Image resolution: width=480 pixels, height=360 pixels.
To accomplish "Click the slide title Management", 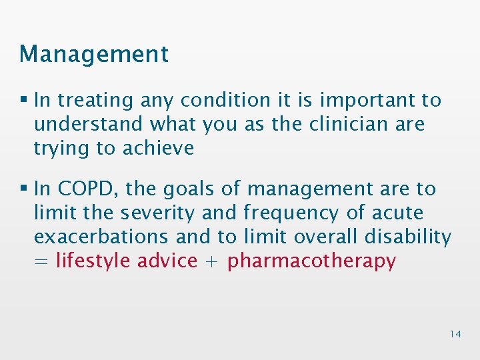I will tap(94, 54).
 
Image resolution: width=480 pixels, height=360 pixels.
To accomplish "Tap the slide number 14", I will tap(455, 334).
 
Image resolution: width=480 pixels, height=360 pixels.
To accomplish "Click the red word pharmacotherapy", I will tap(311, 261).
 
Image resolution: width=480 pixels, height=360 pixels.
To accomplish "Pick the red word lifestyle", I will tap(93, 261).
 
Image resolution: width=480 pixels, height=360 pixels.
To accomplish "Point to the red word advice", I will tap(167, 261).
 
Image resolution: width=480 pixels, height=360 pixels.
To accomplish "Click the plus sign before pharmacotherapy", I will tap(212, 261).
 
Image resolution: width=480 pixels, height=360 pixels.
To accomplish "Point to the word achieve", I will tap(158, 148).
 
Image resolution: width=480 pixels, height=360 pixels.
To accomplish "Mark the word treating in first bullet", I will tap(96, 101).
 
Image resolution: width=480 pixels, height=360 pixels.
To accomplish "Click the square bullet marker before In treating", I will tap(24, 101).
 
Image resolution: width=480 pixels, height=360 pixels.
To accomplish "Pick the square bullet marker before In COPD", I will tap(24, 189).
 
